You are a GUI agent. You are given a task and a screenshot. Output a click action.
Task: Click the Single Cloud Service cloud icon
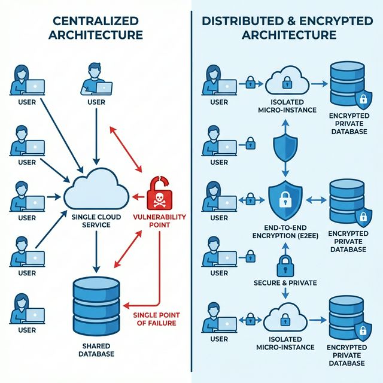tap(95, 189)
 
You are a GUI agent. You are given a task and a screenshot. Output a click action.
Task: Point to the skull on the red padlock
tap(159, 198)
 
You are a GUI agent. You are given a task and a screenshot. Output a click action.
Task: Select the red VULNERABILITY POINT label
tap(159, 221)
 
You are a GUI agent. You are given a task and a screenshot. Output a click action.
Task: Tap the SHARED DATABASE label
tap(95, 349)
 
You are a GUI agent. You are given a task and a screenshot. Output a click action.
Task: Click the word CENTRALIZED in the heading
tap(96, 20)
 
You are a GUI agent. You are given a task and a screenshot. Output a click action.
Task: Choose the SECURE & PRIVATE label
tap(285, 282)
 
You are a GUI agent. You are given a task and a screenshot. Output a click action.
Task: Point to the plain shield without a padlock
tap(285, 146)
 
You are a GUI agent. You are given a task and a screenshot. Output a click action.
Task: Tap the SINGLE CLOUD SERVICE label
tap(95, 220)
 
